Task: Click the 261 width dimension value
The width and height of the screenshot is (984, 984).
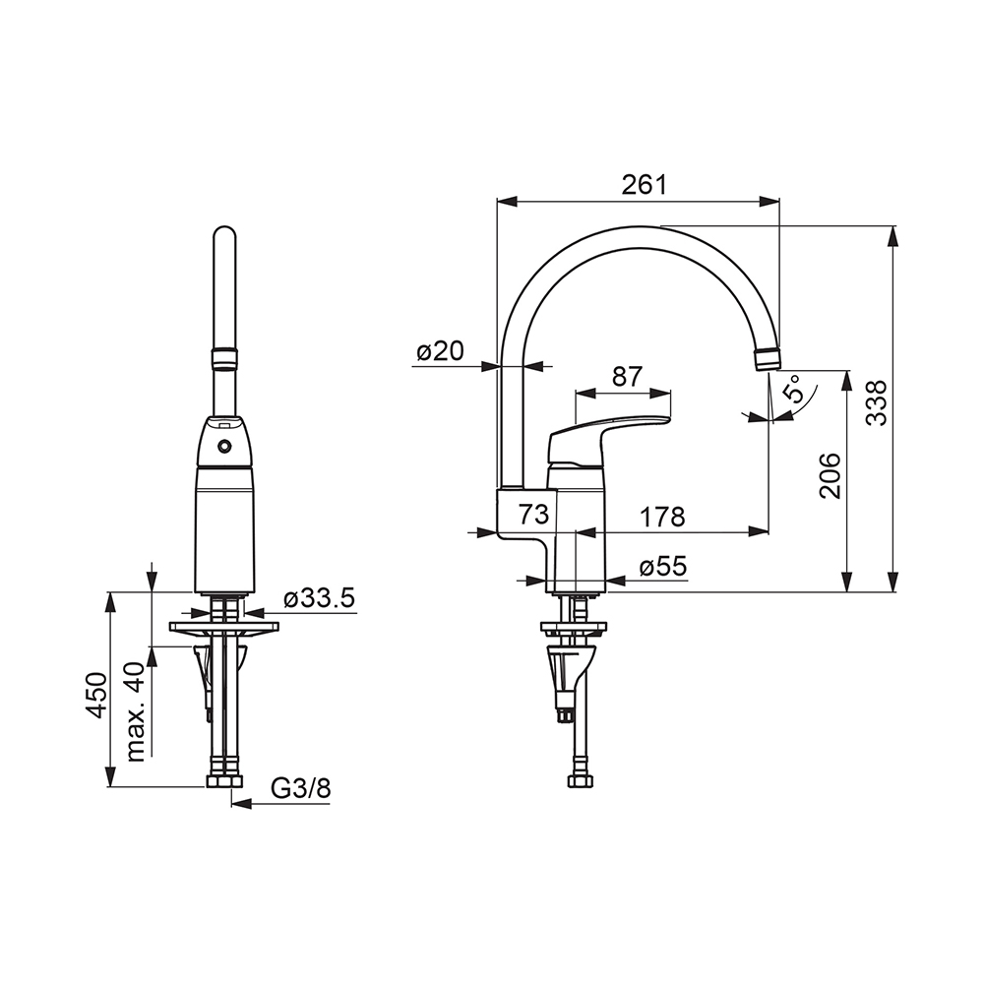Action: (644, 185)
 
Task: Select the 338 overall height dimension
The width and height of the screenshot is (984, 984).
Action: (877, 403)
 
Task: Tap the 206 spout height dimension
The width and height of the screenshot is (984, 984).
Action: (830, 475)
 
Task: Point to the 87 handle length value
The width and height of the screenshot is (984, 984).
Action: (628, 376)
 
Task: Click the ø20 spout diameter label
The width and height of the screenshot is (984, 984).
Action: (441, 351)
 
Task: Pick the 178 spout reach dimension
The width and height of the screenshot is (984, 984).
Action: (662, 518)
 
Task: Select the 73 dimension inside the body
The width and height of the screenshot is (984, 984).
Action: (533, 514)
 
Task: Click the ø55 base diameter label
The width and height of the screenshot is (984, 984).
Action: (663, 567)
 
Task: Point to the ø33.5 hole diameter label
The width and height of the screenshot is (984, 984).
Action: (320, 598)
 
